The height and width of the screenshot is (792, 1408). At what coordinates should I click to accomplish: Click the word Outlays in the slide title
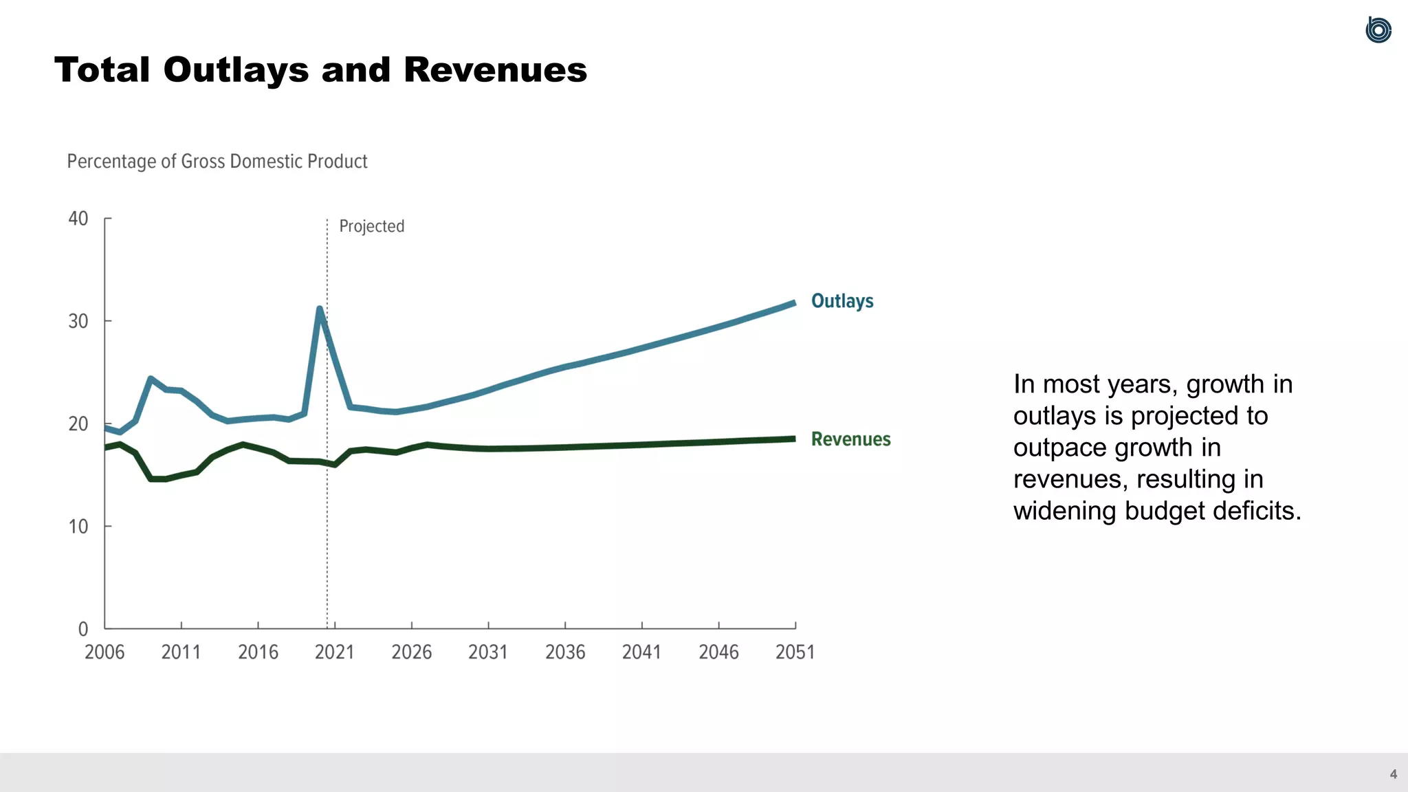click(236, 70)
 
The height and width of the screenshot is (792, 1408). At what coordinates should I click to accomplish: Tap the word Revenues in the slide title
click(495, 70)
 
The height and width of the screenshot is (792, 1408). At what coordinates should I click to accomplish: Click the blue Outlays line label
click(842, 301)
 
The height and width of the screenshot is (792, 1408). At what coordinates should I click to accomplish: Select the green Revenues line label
click(850, 439)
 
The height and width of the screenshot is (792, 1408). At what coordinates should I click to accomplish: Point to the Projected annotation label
click(371, 226)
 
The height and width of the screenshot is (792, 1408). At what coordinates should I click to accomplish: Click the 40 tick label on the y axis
click(78, 219)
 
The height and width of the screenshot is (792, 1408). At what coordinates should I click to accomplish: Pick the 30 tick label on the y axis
click(78, 321)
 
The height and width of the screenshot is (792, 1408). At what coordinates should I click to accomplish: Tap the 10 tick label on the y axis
click(78, 527)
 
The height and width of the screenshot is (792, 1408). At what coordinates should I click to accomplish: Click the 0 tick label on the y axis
click(83, 629)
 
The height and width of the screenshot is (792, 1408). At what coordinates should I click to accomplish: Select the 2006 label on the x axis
click(104, 652)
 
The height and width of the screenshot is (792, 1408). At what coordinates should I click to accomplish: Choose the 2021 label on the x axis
click(335, 652)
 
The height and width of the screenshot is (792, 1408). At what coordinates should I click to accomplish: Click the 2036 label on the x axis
click(565, 652)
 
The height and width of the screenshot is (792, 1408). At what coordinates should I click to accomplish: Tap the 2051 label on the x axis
click(795, 652)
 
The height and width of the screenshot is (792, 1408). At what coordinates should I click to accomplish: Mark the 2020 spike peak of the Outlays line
click(320, 309)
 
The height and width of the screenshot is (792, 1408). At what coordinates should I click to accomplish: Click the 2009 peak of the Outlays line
click(151, 379)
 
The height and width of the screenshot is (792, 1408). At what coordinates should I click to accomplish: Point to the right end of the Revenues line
click(793, 439)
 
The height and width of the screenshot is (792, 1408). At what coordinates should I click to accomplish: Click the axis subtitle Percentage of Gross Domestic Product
click(217, 162)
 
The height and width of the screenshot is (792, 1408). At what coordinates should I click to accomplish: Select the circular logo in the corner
click(1378, 30)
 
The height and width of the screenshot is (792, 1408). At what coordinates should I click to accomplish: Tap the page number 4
click(1393, 774)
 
